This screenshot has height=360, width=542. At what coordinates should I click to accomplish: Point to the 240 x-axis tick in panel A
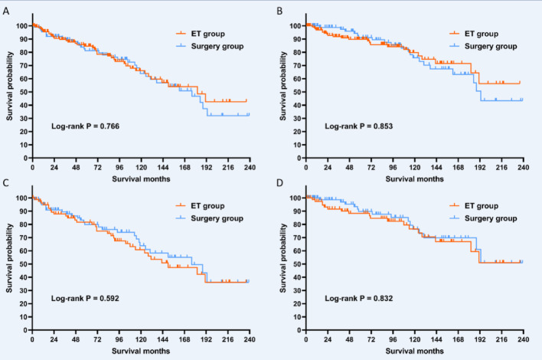(249, 166)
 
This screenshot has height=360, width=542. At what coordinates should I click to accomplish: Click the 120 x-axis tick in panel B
(414, 166)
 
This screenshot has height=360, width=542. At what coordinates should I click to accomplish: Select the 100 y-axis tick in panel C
(22, 198)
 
